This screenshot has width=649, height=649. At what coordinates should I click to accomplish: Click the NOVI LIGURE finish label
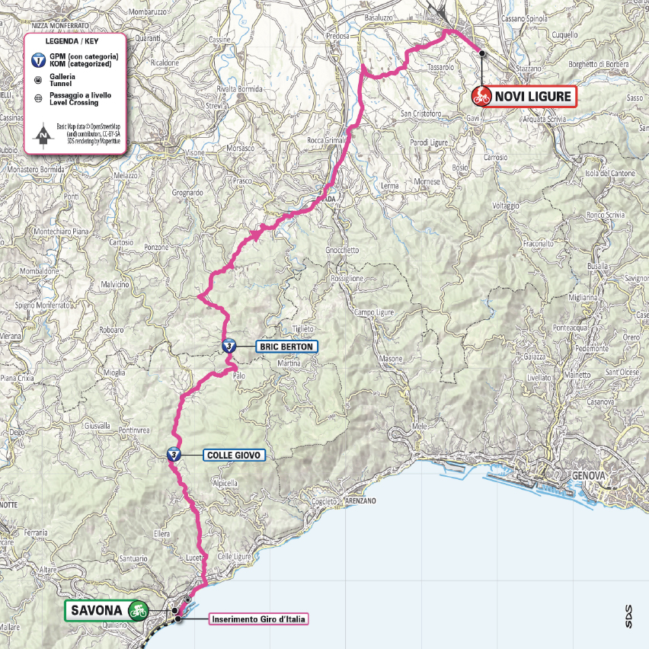532,96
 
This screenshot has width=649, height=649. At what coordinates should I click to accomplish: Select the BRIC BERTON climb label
286,346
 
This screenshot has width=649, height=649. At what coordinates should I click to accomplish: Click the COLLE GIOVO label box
234,456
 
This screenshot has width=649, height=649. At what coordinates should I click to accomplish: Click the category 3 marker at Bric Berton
228,346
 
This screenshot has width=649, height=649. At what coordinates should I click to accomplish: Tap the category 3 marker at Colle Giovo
174,455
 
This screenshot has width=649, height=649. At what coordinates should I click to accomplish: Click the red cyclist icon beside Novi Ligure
482,96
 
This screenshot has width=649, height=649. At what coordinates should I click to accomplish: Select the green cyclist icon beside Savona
138,609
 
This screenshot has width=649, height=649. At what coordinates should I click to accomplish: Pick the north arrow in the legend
44,136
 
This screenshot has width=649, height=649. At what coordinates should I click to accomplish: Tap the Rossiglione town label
348,279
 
